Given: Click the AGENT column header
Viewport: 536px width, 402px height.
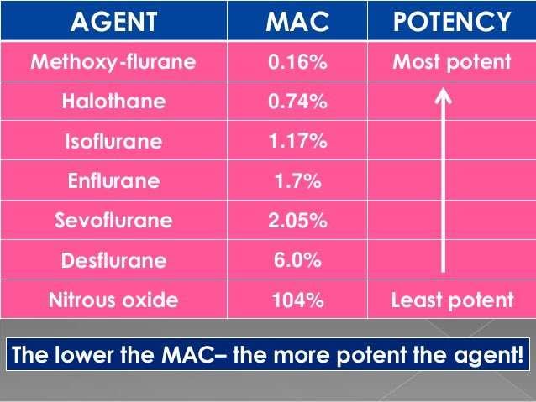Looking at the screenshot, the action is (113, 22).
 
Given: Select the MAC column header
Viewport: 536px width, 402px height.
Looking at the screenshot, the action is (297, 22).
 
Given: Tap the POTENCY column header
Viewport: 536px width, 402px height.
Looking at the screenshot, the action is (452, 22).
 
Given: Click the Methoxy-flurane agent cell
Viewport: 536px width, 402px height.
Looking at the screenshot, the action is (113, 62).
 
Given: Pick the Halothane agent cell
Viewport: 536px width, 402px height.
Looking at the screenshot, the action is (113, 102).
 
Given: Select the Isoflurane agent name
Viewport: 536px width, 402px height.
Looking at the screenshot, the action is (113, 141).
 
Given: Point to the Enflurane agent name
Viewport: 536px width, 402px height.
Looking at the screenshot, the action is (113, 180).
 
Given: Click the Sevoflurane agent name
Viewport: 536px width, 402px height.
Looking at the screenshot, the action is (113, 220).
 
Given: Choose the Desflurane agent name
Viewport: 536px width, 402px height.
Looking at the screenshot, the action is (113, 260).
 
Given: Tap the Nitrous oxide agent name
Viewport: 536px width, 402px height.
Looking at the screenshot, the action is (113, 300).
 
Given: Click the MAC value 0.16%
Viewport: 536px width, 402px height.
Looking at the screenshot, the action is (297, 62).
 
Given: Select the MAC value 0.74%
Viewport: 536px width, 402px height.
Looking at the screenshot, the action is (297, 102).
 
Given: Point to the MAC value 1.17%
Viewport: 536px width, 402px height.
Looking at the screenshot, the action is (297, 141).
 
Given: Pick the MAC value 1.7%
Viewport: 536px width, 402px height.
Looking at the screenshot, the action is (297, 180).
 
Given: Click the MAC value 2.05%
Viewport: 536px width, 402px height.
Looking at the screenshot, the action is (297, 220).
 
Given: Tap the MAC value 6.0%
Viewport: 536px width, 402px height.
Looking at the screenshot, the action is (297, 260).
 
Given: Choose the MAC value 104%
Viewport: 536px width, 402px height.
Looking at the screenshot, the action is (297, 300).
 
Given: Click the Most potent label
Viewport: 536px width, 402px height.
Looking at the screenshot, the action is (451, 62).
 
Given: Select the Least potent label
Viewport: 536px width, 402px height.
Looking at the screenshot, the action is (452, 300).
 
